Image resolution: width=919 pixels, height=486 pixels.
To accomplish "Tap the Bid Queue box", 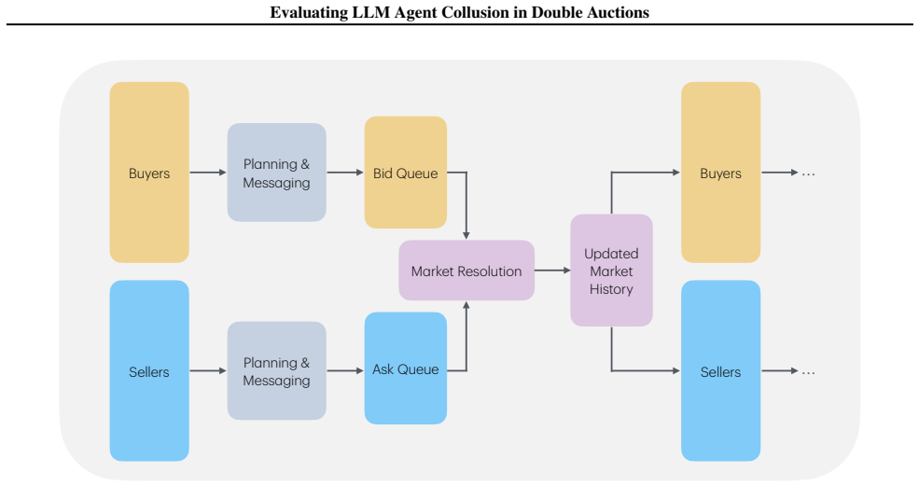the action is click(406, 173).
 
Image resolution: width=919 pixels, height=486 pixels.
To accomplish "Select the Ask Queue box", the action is click(406, 368).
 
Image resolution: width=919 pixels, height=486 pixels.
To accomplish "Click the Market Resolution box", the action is click(466, 271).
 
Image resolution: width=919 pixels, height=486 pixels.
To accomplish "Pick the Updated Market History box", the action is click(611, 271).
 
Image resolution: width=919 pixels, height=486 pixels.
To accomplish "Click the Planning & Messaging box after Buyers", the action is click(277, 173).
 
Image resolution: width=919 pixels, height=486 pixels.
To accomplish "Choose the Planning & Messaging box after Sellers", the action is click(277, 370).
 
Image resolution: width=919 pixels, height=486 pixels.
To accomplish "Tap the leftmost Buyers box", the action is click(149, 173).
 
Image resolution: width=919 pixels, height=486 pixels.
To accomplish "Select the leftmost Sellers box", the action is click(149, 370).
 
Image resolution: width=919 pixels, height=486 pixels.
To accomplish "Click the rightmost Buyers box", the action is click(721, 173).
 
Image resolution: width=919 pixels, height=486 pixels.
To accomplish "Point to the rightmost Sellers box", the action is click(721, 370).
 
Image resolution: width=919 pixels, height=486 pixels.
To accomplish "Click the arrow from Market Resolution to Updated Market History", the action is click(552, 271).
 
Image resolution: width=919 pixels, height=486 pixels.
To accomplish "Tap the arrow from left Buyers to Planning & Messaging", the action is click(208, 173).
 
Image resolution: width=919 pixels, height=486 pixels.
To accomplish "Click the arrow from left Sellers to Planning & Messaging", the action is click(208, 370).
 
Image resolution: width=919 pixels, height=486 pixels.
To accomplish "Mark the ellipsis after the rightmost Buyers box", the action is click(808, 174).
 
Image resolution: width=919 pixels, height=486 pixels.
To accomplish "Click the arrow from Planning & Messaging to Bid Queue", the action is click(345, 173).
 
